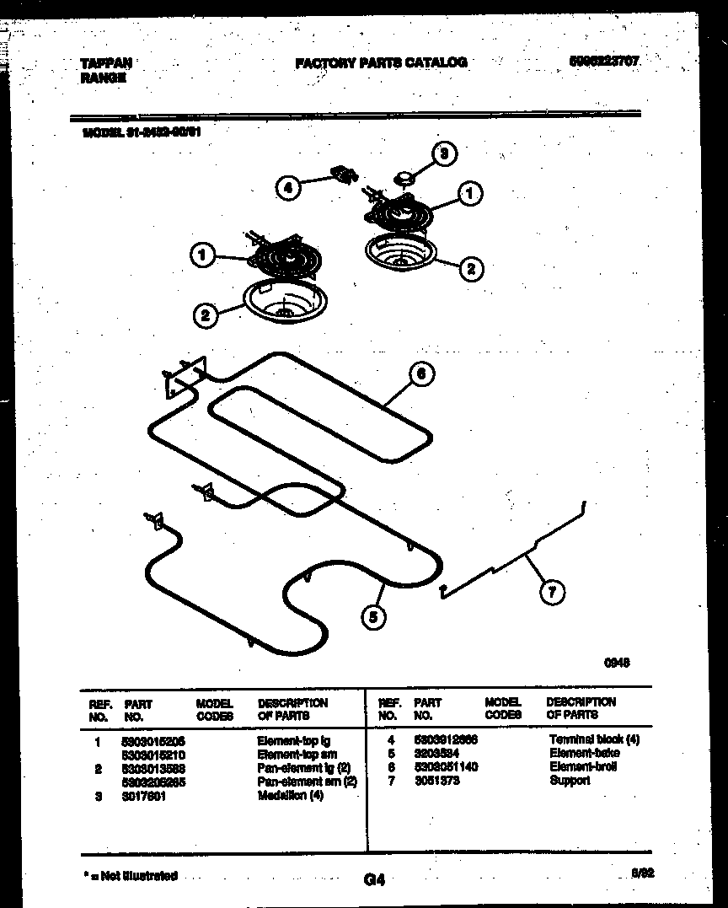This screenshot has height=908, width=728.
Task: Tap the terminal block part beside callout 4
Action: [344, 175]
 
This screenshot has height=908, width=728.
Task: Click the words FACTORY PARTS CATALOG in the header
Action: [381, 62]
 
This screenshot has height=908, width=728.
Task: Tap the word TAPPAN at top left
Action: [105, 62]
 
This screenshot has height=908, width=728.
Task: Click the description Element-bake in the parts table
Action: [584, 753]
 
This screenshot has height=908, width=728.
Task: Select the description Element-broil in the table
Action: [583, 766]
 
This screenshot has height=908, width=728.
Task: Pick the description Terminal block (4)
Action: [594, 739]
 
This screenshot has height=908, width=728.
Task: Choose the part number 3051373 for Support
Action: [437, 781]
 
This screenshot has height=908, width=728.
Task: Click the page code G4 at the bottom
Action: [374, 880]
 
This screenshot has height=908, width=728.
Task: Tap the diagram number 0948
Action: [618, 663]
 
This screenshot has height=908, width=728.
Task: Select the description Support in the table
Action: [570, 781]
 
